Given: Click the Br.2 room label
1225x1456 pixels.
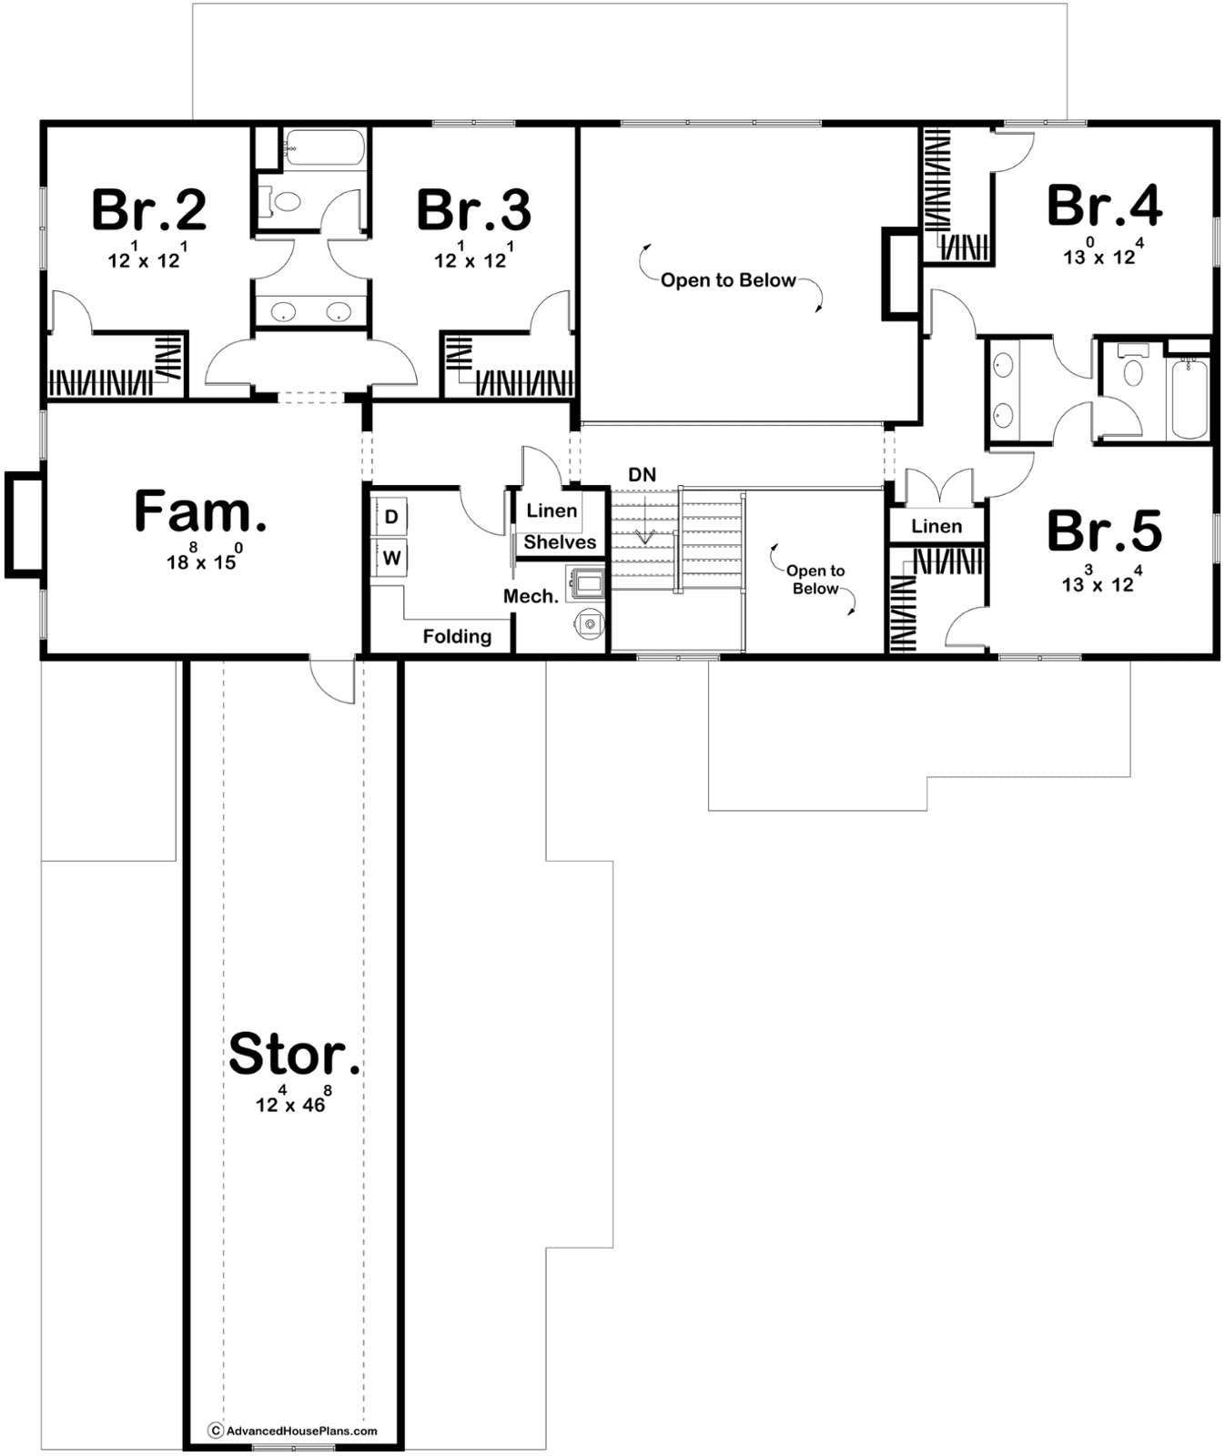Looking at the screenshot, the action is (x=149, y=209).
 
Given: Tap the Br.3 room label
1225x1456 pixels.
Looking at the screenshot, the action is (x=474, y=209).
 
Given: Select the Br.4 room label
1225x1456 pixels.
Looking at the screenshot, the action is (x=1104, y=205).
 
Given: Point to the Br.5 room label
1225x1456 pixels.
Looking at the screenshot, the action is (x=1104, y=531).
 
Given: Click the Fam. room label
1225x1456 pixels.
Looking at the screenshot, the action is (x=200, y=511).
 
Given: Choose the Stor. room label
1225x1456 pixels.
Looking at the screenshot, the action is (x=294, y=1054).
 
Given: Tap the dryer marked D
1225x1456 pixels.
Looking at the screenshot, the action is (x=391, y=517).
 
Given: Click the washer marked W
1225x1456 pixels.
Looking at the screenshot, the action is (x=391, y=557).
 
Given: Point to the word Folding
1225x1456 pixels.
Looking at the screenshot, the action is (x=457, y=636).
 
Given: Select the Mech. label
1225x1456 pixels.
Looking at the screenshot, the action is (x=531, y=596).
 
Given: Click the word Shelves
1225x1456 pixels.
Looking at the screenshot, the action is (x=560, y=542).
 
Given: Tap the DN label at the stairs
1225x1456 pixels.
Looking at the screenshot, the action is (x=643, y=474).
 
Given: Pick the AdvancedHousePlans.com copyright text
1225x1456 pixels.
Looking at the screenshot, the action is (x=293, y=1431).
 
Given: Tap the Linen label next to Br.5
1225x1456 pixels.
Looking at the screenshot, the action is (x=936, y=526).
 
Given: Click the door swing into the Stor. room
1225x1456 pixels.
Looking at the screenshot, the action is (x=331, y=679).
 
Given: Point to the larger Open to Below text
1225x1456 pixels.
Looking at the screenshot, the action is (x=728, y=280).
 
